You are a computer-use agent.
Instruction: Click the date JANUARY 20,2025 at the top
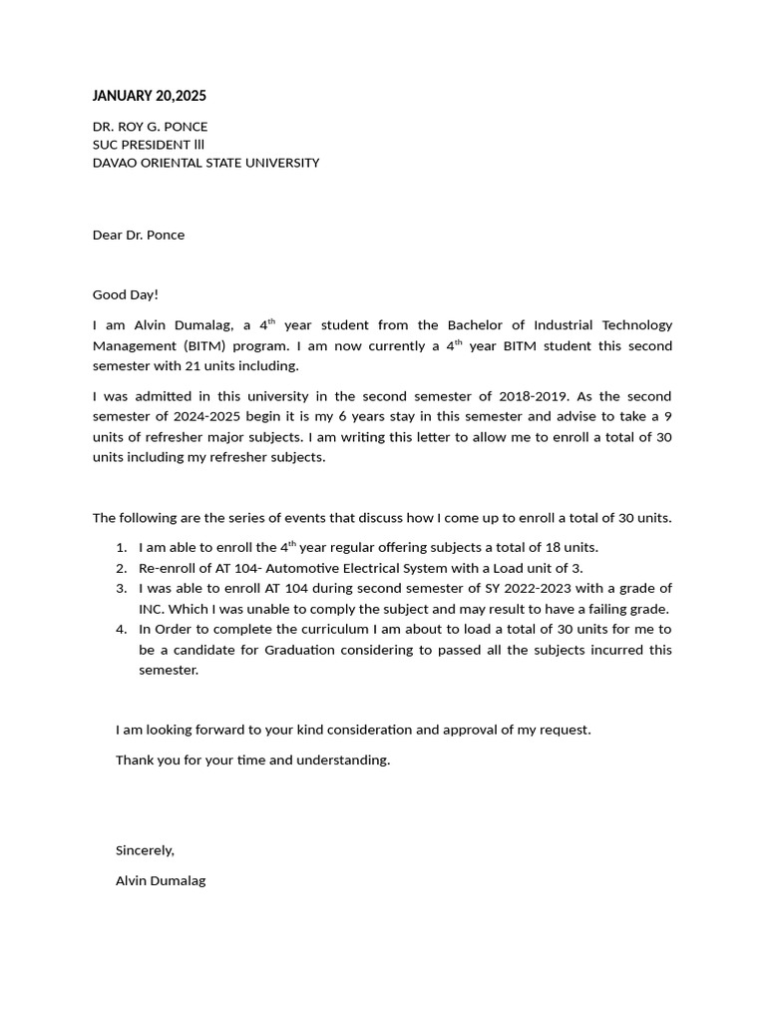click(149, 96)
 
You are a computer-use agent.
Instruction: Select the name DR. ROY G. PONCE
click(150, 127)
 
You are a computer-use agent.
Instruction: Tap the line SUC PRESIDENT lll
click(149, 145)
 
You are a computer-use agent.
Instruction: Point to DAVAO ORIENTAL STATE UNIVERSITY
click(205, 163)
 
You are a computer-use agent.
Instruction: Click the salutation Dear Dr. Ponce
click(139, 236)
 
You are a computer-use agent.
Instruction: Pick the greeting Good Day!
click(126, 294)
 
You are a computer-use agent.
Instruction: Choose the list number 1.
click(121, 548)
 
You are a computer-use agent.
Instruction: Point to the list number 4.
click(121, 630)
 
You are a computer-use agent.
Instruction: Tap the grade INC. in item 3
click(154, 609)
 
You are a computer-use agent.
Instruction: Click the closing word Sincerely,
click(145, 850)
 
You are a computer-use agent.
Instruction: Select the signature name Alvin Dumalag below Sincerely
click(161, 881)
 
